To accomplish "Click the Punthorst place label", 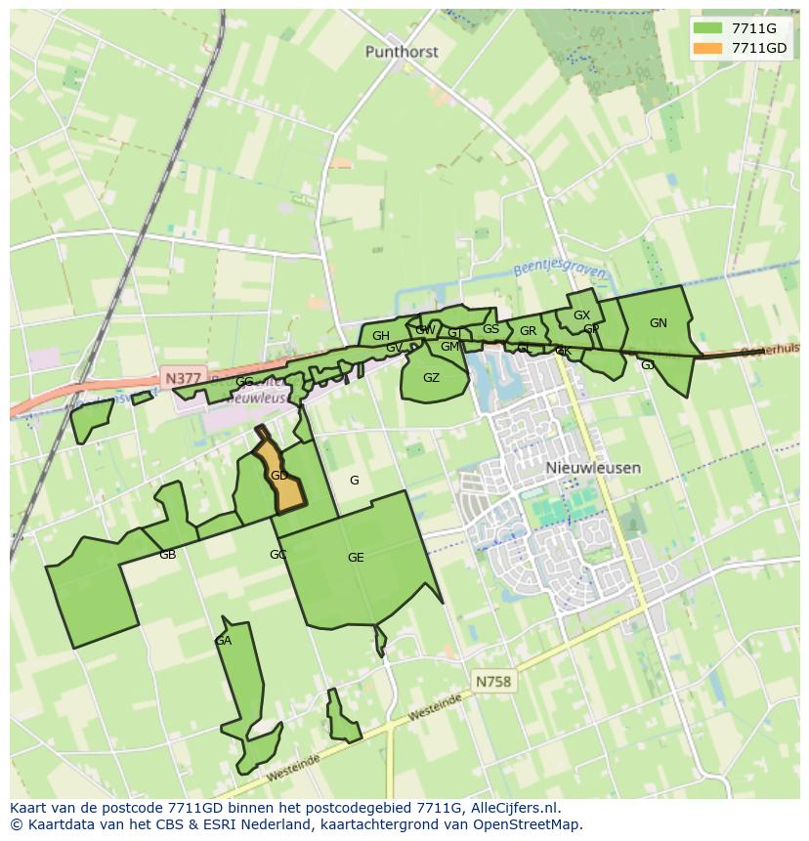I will coord(402,52).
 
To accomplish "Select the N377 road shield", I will coord(183,378).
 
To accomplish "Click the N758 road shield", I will coord(493,681).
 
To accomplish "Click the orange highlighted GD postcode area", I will coord(278,476).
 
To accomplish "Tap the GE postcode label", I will coord(356,558).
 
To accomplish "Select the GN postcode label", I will coord(658,323).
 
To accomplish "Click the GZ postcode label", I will coord(431,378).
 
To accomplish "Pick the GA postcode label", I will coord(223,641).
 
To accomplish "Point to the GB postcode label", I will coord(167,555).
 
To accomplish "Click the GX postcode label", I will coord(581,315).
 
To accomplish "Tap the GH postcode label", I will coord(380,336).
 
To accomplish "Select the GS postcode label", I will coord(490,329).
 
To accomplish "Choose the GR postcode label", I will coord(528,331).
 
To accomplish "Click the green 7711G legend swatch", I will coord(708,29).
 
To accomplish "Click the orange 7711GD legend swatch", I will coord(708,48).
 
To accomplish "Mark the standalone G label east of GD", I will coord(354,480).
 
